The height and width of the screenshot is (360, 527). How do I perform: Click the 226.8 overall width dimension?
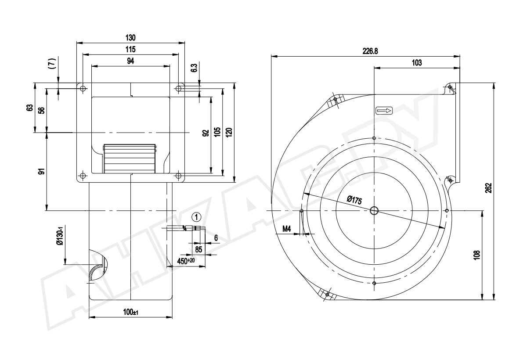click(x=370, y=51)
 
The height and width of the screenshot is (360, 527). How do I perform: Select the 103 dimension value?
click(x=417, y=63)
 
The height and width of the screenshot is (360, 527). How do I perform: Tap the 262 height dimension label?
click(x=489, y=188)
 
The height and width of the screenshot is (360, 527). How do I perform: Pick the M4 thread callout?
click(x=286, y=229)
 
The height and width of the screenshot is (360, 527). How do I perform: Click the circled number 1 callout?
click(x=197, y=217)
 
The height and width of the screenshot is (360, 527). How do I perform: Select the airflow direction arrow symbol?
click(x=384, y=111)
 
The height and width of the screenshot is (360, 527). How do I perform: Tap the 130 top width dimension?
click(x=130, y=38)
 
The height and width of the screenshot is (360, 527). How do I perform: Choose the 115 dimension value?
click(x=130, y=49)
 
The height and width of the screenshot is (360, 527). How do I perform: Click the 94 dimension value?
click(x=130, y=61)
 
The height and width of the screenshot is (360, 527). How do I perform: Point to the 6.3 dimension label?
click(x=194, y=68)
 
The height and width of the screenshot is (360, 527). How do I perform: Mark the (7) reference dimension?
click(x=53, y=63)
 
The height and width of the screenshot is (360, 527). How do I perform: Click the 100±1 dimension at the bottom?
click(x=131, y=312)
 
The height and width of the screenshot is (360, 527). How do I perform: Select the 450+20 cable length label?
click(x=186, y=261)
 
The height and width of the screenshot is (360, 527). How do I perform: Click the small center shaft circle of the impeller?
click(x=374, y=210)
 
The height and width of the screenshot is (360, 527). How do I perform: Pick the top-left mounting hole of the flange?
click(x=83, y=89)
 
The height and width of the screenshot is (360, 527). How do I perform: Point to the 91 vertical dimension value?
click(x=42, y=171)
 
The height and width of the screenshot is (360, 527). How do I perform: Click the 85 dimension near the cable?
click(x=199, y=249)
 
